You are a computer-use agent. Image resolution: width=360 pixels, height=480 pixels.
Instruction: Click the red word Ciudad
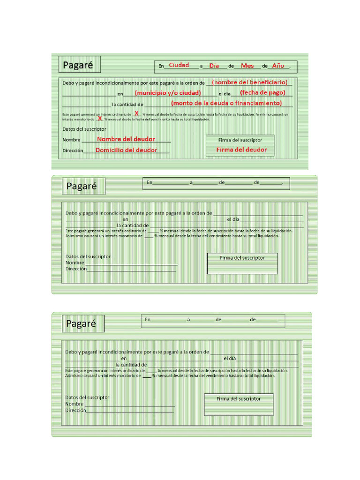[179, 65]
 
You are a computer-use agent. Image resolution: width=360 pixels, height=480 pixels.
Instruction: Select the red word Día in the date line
[214, 66]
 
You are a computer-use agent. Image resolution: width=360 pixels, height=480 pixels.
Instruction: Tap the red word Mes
[247, 66]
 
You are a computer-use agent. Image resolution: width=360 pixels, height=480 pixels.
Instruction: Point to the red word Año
[278, 66]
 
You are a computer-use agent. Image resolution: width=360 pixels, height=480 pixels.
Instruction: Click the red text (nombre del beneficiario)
[250, 82]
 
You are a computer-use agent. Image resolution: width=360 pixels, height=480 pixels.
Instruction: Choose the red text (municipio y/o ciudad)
[168, 93]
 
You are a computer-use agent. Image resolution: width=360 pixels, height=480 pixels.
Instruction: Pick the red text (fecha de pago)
[262, 92]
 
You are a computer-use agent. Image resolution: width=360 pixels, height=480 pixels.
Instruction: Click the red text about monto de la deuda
[226, 103]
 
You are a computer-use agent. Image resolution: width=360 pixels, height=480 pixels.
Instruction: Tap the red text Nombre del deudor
[126, 139]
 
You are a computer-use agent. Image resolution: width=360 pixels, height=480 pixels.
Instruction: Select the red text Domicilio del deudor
[127, 150]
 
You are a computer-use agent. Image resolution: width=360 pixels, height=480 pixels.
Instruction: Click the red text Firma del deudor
[241, 150]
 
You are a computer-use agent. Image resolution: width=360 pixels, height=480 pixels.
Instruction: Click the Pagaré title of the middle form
[82, 186]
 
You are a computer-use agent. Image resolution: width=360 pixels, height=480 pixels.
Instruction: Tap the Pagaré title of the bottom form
[81, 323]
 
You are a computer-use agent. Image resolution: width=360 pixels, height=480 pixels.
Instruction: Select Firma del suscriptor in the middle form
[242, 258]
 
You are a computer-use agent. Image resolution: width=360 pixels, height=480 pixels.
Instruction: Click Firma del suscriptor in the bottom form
[239, 398]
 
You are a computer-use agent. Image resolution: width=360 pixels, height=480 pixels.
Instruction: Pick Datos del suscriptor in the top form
[84, 129]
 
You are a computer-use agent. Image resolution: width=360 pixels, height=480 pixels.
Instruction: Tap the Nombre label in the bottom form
[74, 404]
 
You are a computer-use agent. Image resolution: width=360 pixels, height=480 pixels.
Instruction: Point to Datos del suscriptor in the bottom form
[87, 397]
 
